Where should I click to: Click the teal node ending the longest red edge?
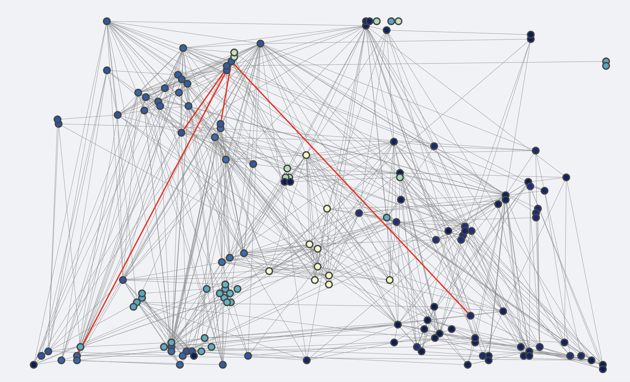[80, 347]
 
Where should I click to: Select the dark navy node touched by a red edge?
[470, 315]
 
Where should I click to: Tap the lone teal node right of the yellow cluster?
[387, 217]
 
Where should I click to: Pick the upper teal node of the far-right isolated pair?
[606, 61]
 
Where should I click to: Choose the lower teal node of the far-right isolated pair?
[606, 66]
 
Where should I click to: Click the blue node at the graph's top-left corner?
[107, 21]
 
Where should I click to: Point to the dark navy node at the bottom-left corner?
[34, 365]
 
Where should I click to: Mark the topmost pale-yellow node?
[306, 155]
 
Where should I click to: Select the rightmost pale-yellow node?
[390, 280]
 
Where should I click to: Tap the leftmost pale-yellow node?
[269, 271]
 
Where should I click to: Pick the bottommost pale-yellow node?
[329, 284]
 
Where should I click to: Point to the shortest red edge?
[225, 98]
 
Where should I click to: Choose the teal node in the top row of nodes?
[391, 21]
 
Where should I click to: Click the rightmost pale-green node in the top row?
[399, 21]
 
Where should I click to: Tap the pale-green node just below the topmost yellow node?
[287, 168]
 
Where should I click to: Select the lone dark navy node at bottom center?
[307, 360]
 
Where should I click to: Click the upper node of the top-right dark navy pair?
[531, 35]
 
